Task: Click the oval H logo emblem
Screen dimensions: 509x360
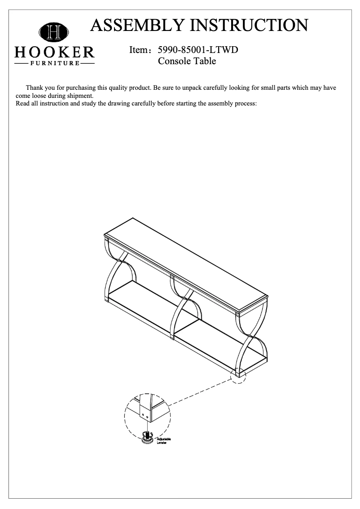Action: (54, 32)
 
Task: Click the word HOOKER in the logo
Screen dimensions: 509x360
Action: (54, 52)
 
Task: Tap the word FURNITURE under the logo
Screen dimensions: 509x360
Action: (55, 63)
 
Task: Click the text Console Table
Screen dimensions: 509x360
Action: (187, 61)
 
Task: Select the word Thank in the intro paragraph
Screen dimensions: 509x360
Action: (35, 88)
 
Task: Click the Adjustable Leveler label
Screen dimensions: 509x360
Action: (163, 440)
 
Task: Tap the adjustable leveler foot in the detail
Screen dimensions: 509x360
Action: (147, 437)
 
